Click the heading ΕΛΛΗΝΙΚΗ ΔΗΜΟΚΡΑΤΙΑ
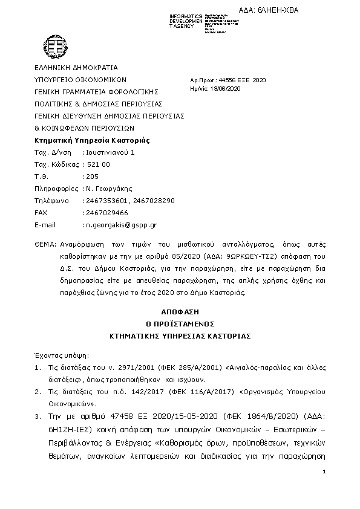click(x=76, y=68)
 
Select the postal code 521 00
click(x=98, y=164)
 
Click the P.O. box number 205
click(x=91, y=177)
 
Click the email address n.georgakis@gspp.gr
click(x=121, y=225)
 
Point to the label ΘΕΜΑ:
click(x=45, y=245)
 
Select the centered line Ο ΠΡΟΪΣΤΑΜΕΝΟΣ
click(x=179, y=324)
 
